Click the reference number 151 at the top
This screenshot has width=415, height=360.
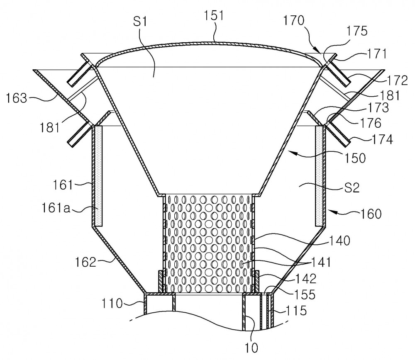(214, 16)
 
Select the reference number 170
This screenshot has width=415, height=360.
(294, 20)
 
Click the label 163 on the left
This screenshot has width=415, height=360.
(17, 98)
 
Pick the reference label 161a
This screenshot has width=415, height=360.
(56, 208)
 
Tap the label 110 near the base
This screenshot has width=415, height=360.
(112, 304)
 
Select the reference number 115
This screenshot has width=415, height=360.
(296, 311)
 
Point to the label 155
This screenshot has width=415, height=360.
(305, 294)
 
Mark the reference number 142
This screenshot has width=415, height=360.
(306, 279)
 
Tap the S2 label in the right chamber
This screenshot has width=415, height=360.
(352, 188)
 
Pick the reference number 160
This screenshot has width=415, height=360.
(371, 214)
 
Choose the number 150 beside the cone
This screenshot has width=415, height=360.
(355, 158)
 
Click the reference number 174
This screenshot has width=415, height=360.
(382, 139)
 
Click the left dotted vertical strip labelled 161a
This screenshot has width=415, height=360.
(98, 176)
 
